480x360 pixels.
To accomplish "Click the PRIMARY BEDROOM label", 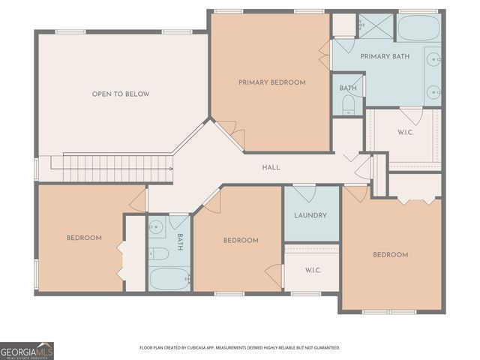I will click(271, 82).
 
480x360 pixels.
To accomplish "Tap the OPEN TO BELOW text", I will click(120, 94).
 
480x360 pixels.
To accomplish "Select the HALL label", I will click(271, 167).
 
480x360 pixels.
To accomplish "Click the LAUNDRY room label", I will click(310, 215).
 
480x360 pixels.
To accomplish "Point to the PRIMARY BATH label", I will click(385, 57).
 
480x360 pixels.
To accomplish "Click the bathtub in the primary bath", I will click(418, 28).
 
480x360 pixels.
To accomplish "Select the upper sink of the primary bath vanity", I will click(433, 57).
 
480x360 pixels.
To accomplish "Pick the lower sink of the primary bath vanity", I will click(433, 92).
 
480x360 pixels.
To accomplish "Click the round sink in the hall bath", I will click(157, 226).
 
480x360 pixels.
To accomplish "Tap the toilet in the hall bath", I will click(158, 253).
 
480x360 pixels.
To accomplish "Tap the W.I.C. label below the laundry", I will click(313, 269).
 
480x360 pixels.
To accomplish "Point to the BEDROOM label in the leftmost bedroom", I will click(83, 238).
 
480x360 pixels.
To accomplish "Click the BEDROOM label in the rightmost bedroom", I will click(390, 255).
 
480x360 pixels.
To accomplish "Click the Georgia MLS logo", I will click(27, 350).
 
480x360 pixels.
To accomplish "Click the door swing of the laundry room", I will click(304, 193).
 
